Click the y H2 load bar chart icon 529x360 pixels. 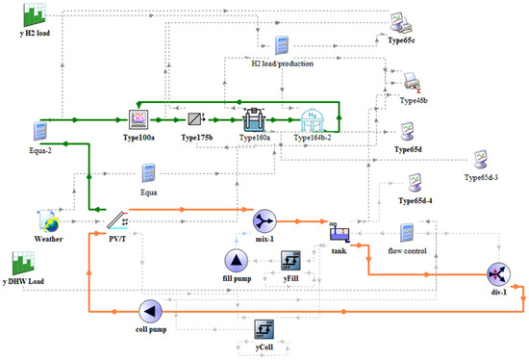(x=34, y=14)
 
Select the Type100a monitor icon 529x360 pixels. (x=139, y=119)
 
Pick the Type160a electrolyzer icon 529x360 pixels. (x=254, y=119)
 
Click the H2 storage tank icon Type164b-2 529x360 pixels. (x=312, y=120)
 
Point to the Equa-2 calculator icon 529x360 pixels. (x=40, y=131)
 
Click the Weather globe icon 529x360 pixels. (x=49, y=221)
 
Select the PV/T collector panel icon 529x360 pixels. (x=117, y=220)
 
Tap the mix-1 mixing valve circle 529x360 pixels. (x=264, y=221)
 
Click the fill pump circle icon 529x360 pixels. (x=237, y=261)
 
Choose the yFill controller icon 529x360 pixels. (x=290, y=261)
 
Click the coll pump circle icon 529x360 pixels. (x=150, y=311)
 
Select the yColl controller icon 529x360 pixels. (x=264, y=329)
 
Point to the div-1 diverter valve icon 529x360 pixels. (x=498, y=274)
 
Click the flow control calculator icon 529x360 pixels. (x=407, y=233)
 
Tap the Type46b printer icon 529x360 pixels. (x=413, y=83)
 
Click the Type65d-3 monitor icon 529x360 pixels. (x=480, y=160)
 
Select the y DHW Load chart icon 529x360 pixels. (x=23, y=263)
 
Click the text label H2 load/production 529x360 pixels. (x=283, y=64)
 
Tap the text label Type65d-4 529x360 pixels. (x=416, y=200)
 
